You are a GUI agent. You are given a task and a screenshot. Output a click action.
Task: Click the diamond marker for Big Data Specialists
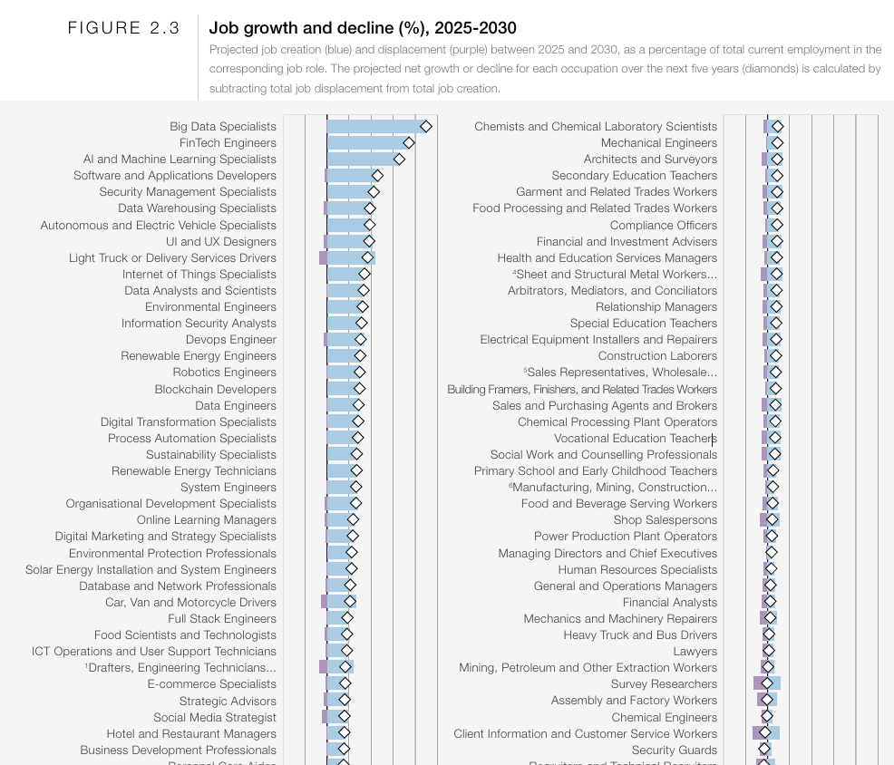click(x=425, y=126)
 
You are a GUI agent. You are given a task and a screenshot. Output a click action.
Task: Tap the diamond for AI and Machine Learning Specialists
click(x=399, y=159)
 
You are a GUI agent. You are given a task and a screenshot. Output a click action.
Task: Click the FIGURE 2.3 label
click(x=124, y=28)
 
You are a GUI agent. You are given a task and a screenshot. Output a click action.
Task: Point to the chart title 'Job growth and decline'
click(x=363, y=28)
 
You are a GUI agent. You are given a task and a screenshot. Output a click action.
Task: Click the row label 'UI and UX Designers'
click(x=220, y=241)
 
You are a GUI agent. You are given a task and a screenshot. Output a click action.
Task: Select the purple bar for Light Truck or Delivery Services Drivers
click(x=323, y=257)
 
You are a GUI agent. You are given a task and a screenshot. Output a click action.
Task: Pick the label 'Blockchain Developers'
click(x=215, y=389)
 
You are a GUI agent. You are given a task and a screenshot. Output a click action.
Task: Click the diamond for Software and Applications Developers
click(x=377, y=175)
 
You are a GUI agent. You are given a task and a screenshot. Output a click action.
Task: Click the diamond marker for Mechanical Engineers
click(x=777, y=142)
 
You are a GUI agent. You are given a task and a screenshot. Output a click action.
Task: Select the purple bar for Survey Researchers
click(x=758, y=683)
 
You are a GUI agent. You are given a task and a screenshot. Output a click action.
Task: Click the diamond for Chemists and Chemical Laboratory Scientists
click(x=777, y=126)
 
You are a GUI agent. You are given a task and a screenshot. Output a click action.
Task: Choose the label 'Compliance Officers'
click(x=663, y=225)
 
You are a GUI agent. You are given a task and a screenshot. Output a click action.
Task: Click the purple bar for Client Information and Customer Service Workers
click(x=757, y=732)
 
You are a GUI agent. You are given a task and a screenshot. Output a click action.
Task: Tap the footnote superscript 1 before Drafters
click(x=86, y=665)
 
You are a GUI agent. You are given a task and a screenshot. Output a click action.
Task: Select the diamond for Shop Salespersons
click(x=773, y=519)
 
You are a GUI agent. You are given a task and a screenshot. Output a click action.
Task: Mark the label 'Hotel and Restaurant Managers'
click(x=191, y=733)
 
